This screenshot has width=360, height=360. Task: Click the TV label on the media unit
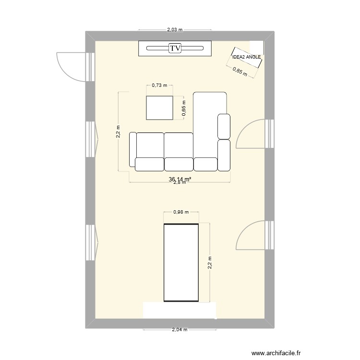[175, 48]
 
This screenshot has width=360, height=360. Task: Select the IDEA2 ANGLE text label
[246, 57]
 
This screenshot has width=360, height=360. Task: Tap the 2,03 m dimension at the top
[175, 29]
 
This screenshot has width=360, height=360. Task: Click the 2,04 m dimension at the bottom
[179, 330]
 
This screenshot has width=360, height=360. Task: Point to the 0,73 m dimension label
[159, 85]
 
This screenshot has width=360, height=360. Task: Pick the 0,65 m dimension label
[184, 108]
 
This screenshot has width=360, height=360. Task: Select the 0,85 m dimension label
[240, 72]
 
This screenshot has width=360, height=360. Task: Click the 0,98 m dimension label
[181, 212]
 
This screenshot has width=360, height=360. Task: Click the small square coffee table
[159, 108]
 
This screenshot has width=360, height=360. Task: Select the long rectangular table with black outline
[181, 263]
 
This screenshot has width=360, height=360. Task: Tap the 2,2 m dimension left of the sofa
[118, 132]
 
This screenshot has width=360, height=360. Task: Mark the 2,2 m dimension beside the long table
[209, 263]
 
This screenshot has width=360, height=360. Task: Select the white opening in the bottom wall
[180, 311]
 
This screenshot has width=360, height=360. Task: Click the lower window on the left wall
[90, 243]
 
